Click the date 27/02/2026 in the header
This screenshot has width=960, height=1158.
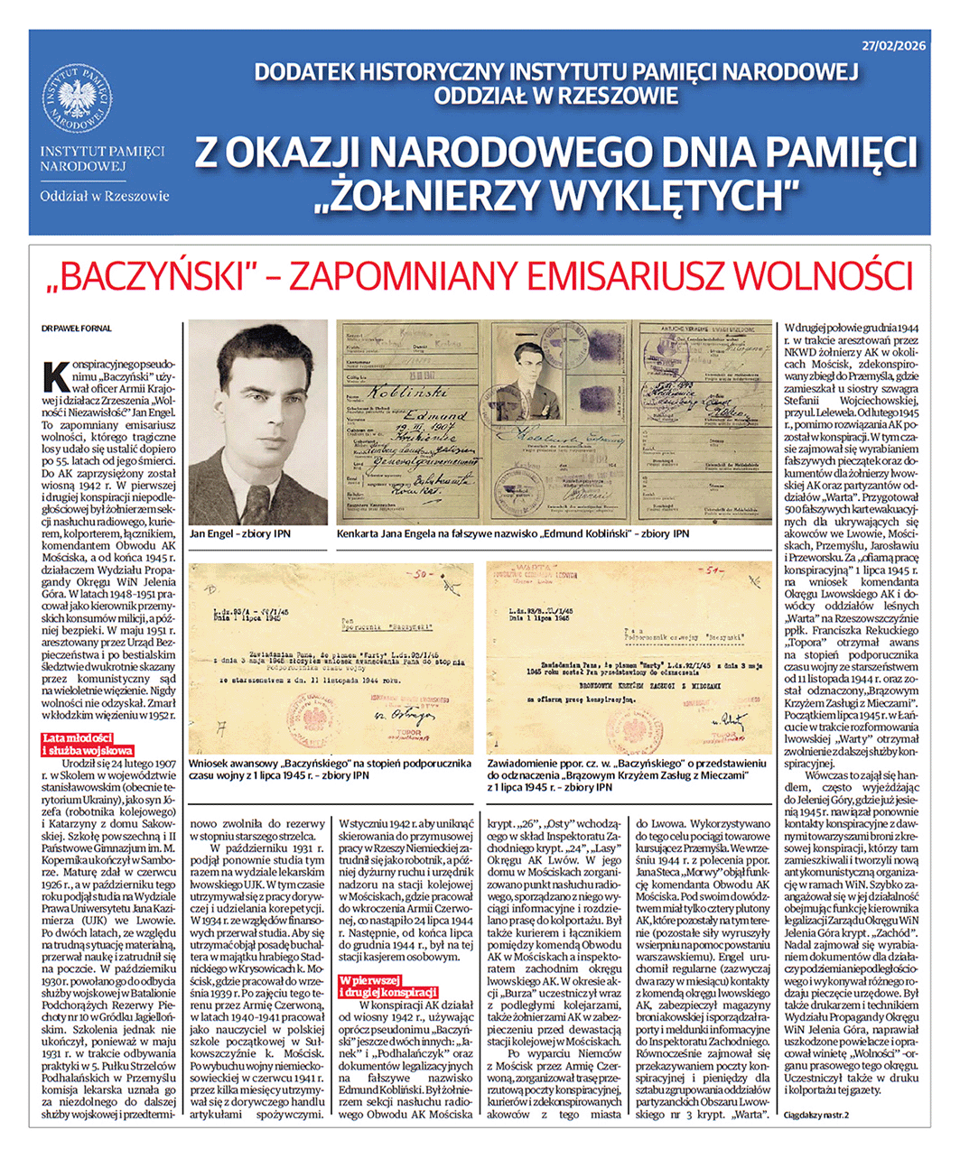[x=892, y=44]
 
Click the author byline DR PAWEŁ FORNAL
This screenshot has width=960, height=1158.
[x=76, y=329]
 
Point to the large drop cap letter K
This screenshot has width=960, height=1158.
[x=54, y=373]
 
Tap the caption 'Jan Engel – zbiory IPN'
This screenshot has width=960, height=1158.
[x=239, y=534]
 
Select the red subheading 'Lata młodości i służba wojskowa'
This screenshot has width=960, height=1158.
[x=89, y=744]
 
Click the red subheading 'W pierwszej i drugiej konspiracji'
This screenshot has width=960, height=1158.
[x=387, y=986]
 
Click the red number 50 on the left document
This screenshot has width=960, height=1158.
[x=420, y=573]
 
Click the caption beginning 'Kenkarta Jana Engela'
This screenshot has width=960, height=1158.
[x=512, y=534]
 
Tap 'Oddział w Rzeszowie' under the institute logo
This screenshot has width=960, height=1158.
[x=104, y=195]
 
